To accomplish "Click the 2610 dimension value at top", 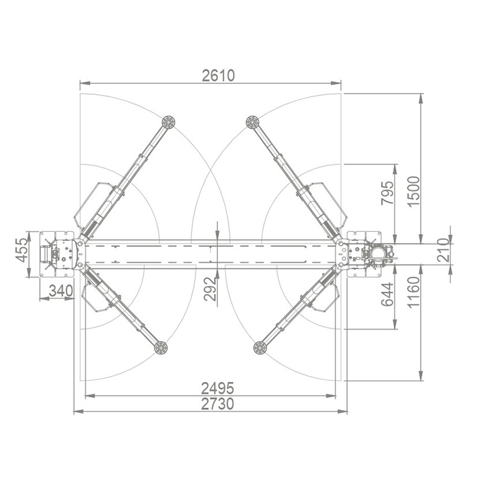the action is tap(218, 75).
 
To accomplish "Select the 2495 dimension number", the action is tap(217, 388).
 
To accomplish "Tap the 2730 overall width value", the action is tap(217, 404).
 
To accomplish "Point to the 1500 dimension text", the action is tap(414, 191).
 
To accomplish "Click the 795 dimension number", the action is tap(388, 193).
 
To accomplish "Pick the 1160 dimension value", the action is tap(414, 292).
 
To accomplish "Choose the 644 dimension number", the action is tap(388, 294).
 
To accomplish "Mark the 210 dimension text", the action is tap(444, 250).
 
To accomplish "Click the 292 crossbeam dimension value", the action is tap(210, 289).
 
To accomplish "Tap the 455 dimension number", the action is tap(22, 250).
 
